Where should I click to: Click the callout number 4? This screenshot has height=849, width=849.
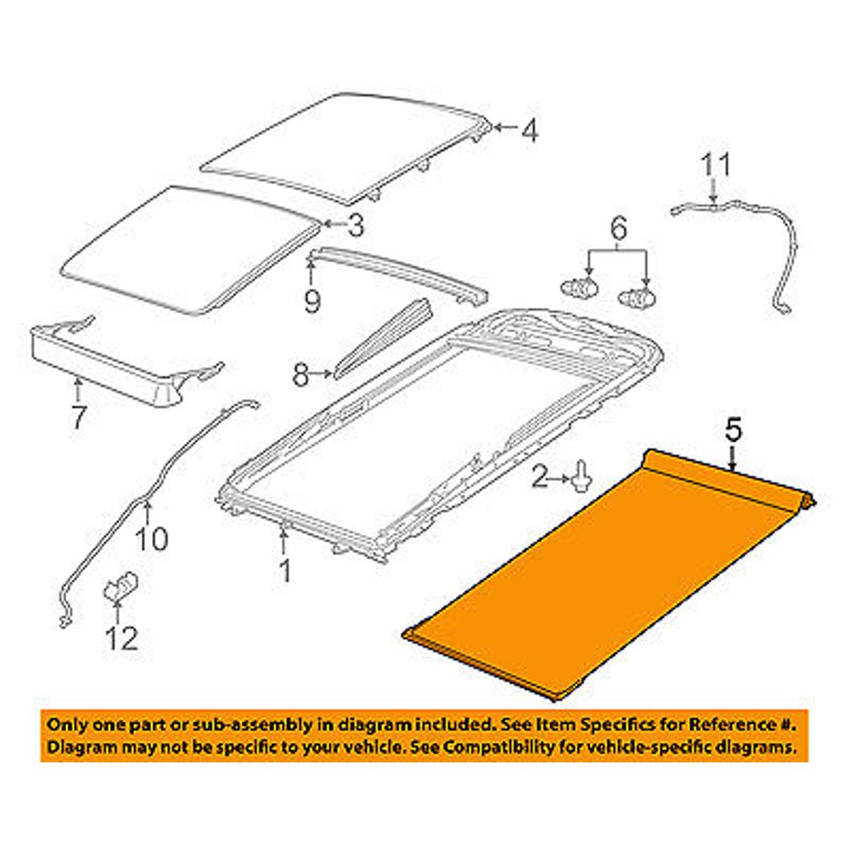pyautogui.click(x=530, y=132)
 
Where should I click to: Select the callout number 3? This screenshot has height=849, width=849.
pyautogui.click(x=355, y=225)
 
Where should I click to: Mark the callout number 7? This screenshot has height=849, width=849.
pyautogui.click(x=78, y=418)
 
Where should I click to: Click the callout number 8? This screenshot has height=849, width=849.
pyautogui.click(x=301, y=374)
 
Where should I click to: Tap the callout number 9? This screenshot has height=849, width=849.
pyautogui.click(x=312, y=300)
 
